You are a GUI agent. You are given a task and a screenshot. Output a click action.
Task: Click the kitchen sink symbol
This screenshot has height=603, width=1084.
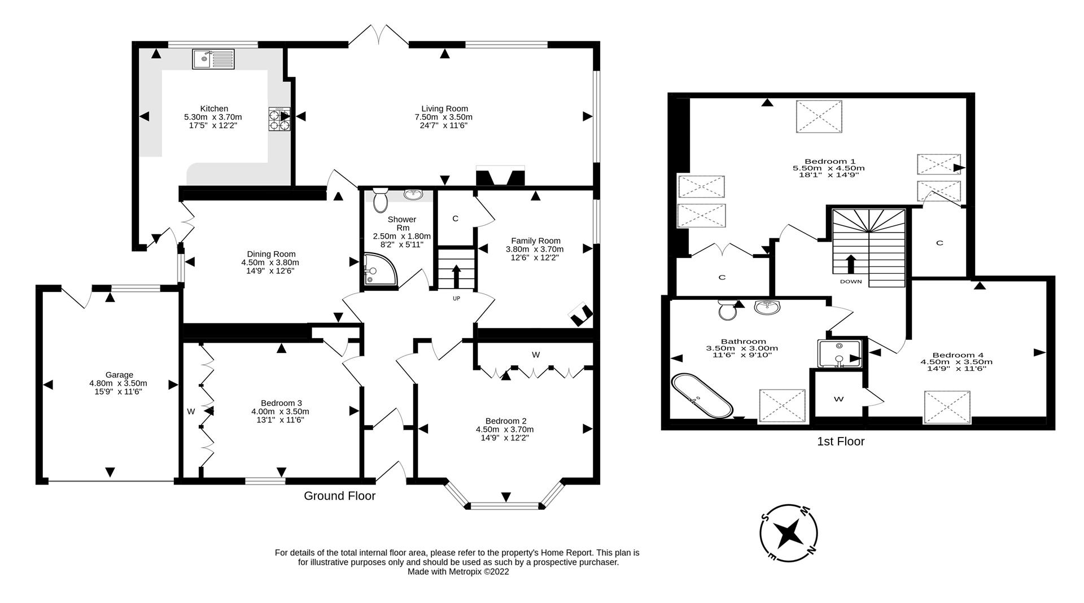(213, 59)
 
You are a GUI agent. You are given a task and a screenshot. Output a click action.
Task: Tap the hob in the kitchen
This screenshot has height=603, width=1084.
(279, 119)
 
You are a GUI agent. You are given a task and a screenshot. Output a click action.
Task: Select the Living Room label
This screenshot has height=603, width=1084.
(444, 108)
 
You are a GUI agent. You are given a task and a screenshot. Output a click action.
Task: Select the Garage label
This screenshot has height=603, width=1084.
(119, 374)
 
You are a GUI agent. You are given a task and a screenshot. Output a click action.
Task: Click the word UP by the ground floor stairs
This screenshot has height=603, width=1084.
(456, 298)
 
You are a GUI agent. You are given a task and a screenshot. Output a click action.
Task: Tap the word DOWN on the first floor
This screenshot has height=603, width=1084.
(850, 281)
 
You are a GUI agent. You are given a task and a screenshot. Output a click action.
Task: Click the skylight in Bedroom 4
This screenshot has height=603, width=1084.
(947, 407)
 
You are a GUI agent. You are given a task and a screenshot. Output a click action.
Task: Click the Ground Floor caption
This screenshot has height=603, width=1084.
(339, 496)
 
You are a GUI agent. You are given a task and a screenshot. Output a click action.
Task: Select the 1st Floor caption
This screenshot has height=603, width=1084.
(840, 442)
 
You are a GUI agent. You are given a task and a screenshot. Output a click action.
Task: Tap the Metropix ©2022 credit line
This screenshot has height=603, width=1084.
(458, 571)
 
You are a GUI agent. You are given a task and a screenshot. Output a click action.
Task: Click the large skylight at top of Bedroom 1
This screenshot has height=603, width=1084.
(819, 116)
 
